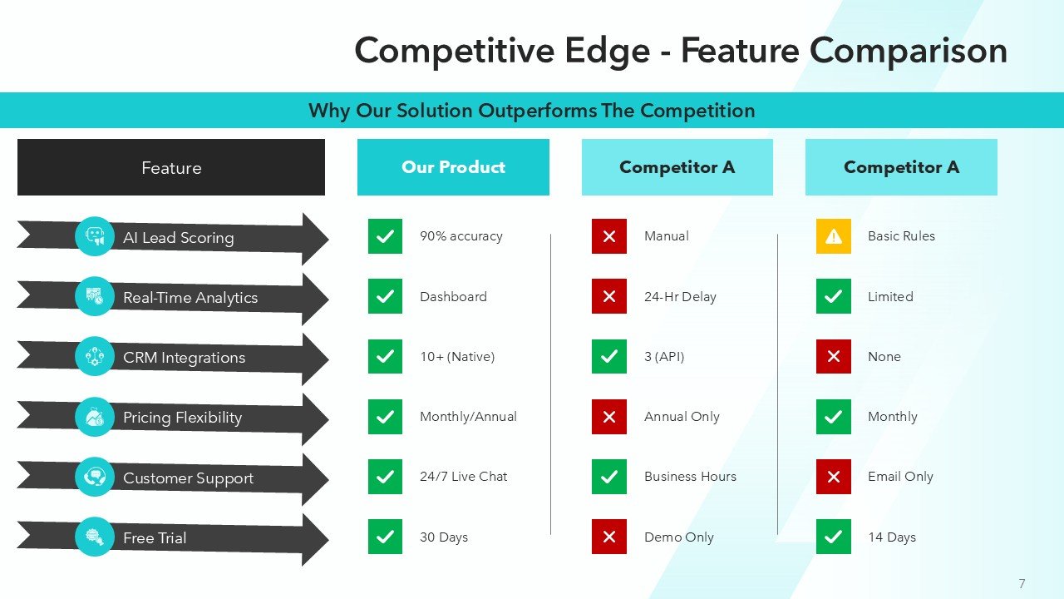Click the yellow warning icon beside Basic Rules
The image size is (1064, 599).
833,236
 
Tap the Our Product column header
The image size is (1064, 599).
453,167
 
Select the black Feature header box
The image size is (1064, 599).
171,167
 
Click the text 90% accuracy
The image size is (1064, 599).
461,236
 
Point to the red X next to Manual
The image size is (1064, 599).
608,236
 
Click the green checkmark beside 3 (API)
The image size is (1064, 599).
608,356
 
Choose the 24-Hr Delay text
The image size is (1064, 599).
680,297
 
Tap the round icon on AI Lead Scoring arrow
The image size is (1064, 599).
95,236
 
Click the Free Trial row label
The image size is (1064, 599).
155,538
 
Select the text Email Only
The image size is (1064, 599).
900,477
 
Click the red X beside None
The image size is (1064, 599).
833,356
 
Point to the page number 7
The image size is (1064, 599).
1022,584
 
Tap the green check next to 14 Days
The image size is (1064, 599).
833,537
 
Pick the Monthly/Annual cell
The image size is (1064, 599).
468,417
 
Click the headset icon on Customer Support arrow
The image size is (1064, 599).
95,477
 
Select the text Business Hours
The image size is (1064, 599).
690,477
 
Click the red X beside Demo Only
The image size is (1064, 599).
608,537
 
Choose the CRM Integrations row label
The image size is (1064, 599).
184,358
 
